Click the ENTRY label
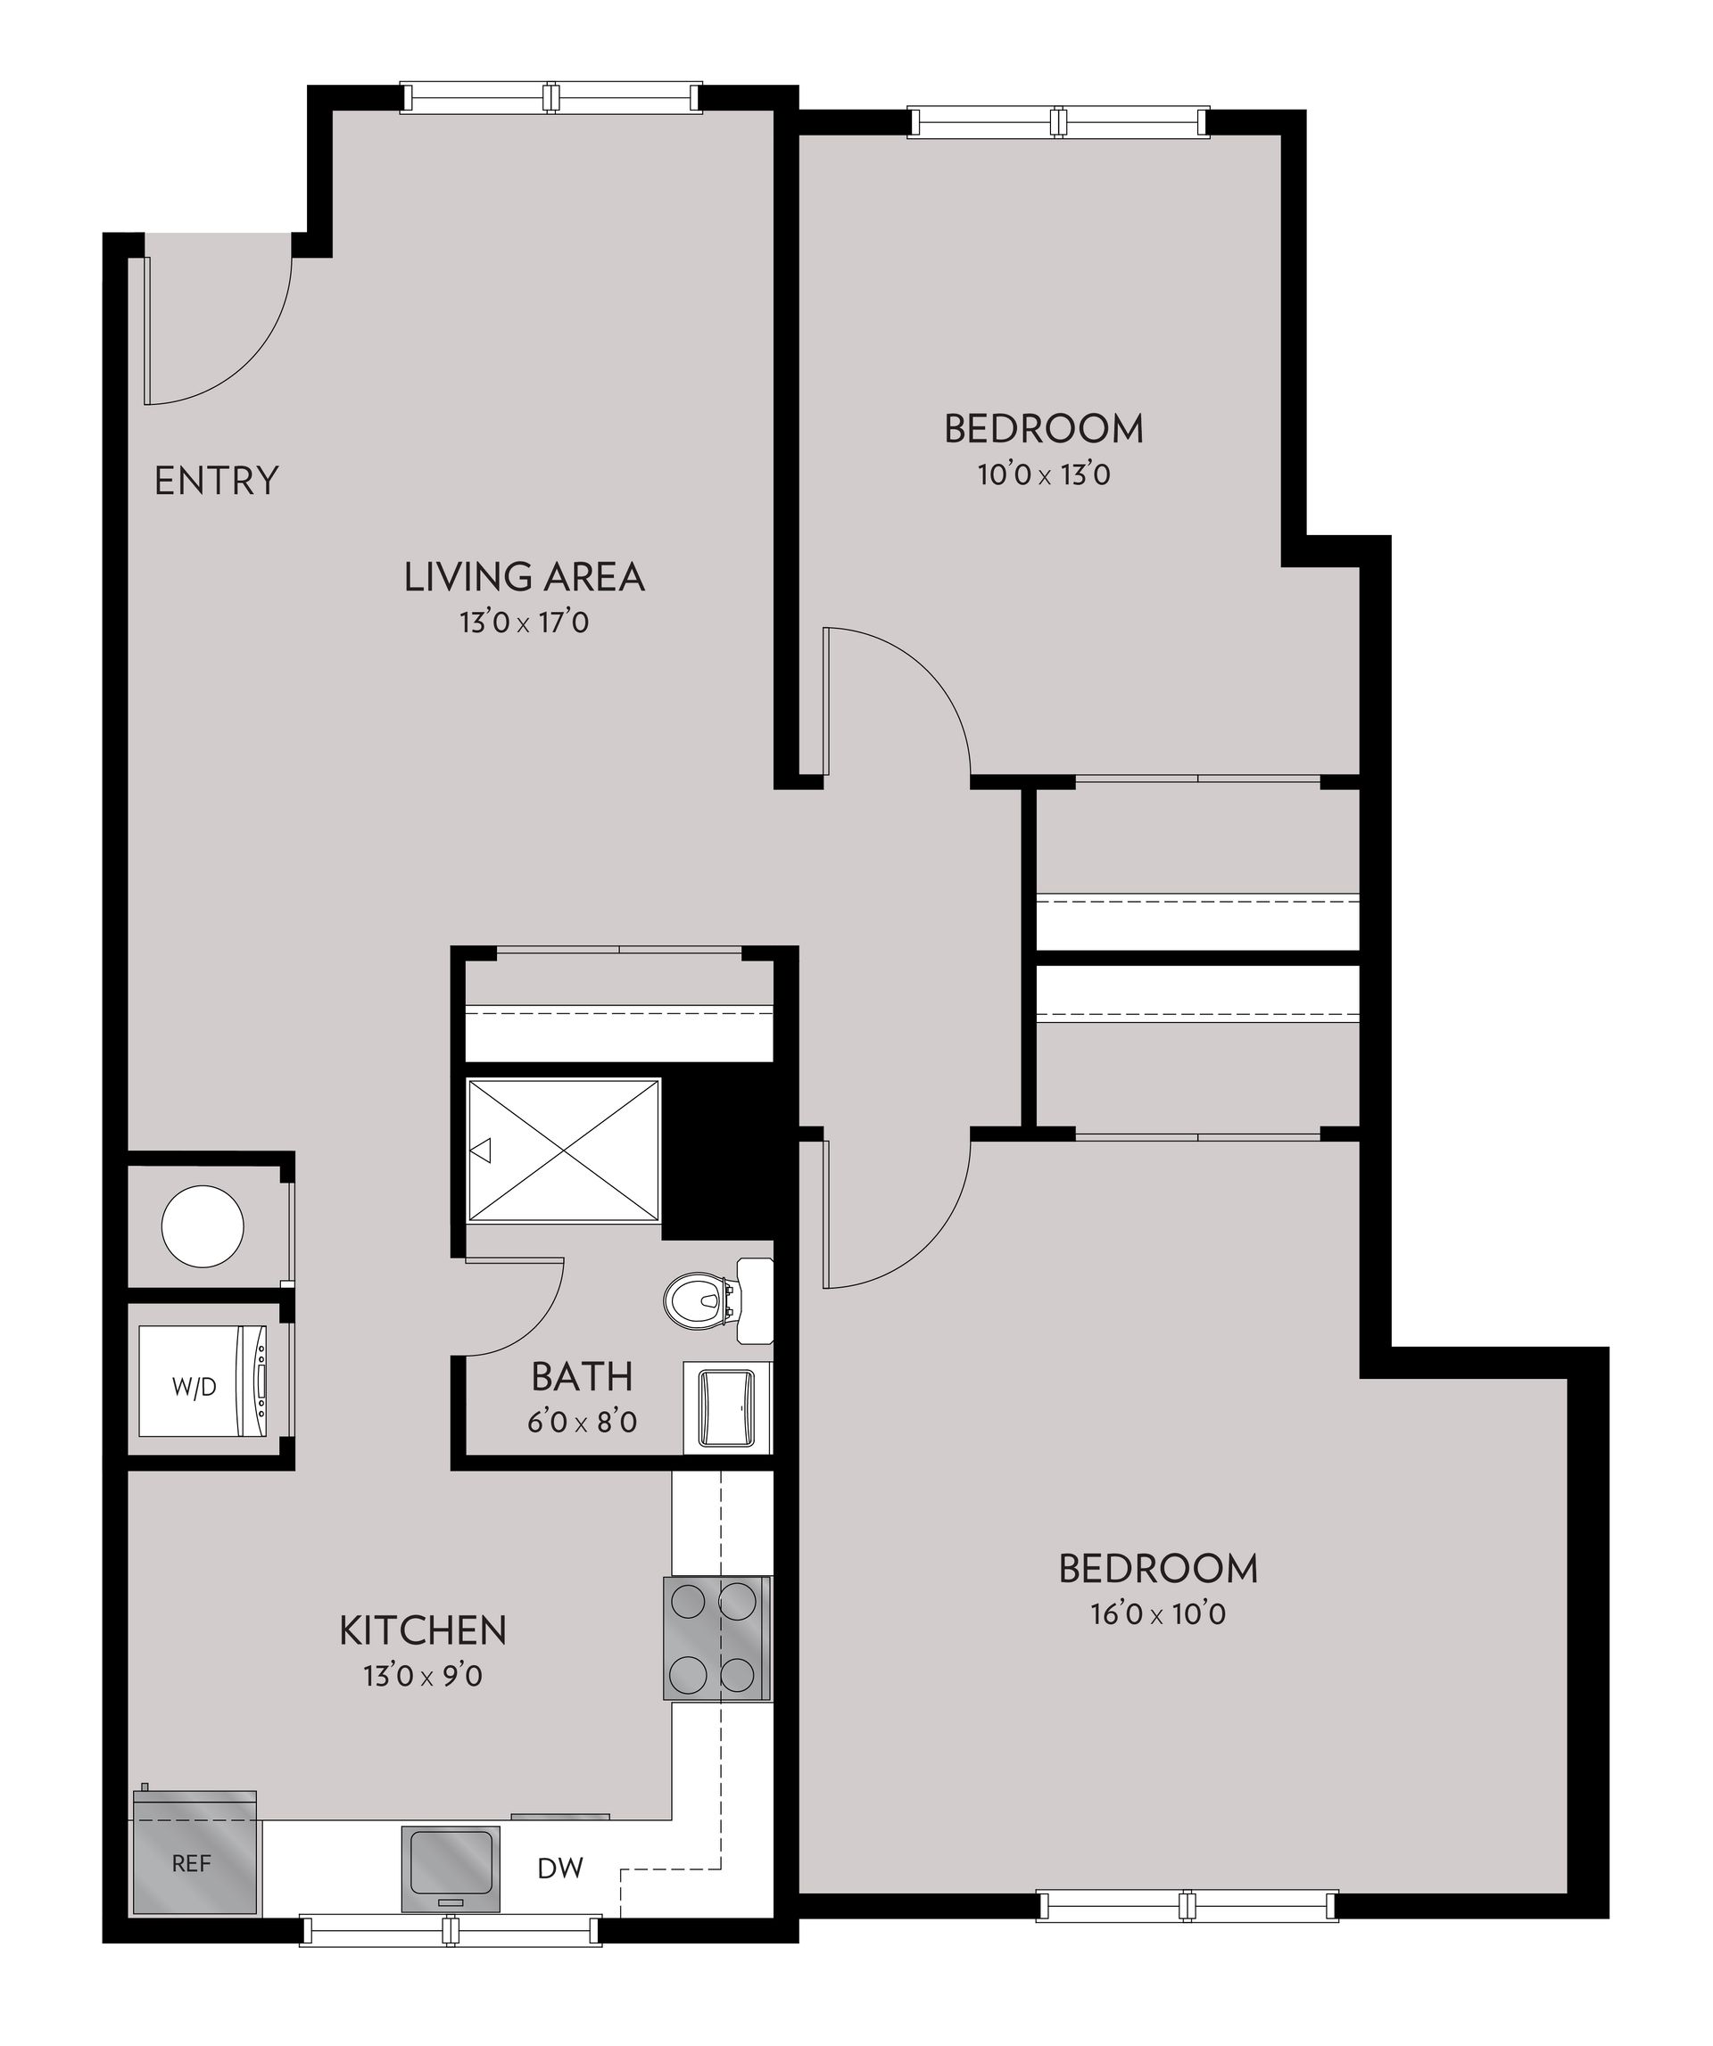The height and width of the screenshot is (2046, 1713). tap(216, 482)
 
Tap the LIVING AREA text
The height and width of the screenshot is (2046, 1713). tap(525, 577)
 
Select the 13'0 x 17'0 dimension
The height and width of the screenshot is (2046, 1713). tap(525, 623)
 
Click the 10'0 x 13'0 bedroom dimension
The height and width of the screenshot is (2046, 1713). tap(1044, 475)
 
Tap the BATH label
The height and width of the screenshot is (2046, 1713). tap(582, 1377)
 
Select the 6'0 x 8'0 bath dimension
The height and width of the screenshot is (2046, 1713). tap(582, 1423)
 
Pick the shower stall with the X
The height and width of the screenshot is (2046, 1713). tap(563, 1149)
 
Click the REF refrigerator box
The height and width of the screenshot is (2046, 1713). tap(194, 1863)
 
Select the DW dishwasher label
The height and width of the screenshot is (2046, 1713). tap(560, 1868)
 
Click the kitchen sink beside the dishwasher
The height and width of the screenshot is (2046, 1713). tap(451, 1868)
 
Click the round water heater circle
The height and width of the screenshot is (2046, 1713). tap(202, 1225)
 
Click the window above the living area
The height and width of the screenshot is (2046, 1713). tap(551, 98)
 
